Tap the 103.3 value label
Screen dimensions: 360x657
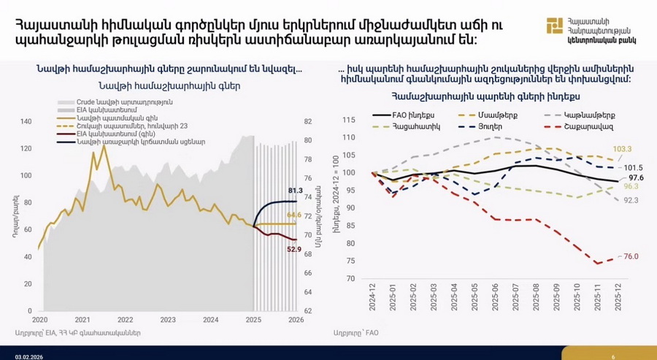622,149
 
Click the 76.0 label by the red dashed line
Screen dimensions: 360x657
631,256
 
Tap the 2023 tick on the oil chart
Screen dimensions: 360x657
168,320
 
